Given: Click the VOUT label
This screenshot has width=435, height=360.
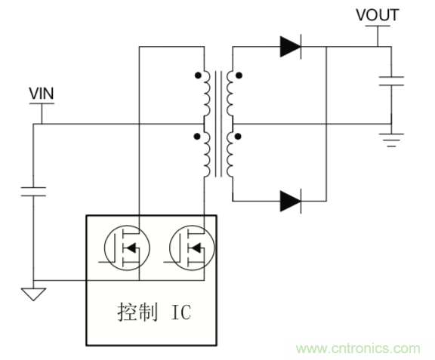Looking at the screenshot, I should (x=377, y=15).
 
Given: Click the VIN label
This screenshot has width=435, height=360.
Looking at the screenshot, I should (x=42, y=94).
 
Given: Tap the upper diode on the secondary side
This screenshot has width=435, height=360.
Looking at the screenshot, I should (x=290, y=47).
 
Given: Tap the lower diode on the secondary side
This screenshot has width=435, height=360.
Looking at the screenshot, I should (x=290, y=201).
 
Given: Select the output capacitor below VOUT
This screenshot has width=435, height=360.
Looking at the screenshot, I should (x=391, y=81).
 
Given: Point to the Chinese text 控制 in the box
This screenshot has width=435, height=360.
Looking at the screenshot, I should (x=134, y=312).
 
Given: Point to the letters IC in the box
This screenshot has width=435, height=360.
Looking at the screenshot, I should (x=181, y=312).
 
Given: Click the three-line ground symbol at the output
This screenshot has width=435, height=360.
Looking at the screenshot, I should (x=391, y=137).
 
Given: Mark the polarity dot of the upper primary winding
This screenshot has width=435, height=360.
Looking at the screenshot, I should (x=199, y=75).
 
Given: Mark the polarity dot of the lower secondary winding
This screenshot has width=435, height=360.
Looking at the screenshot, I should (x=239, y=137).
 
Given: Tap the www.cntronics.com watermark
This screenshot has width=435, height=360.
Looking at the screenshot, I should (x=358, y=348).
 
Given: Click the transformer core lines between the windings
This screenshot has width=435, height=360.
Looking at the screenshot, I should (x=219, y=125).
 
